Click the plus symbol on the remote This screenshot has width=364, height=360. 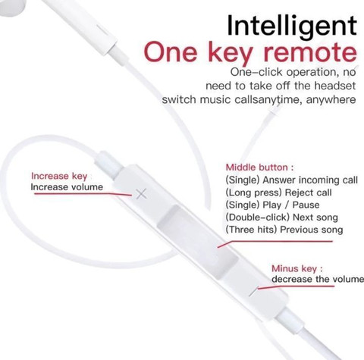click(141, 194)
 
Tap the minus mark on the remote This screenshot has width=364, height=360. click(253, 292)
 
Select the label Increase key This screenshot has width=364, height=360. click(59, 176)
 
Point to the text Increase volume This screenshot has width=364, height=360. click(67, 187)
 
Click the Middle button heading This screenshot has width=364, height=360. click(259, 167)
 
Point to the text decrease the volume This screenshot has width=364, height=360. click(318, 279)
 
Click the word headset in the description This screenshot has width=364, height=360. click(335, 86)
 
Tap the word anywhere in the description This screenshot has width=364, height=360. click(331, 99)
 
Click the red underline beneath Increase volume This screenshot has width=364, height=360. click(83, 194)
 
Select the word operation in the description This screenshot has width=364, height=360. click(312, 73)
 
